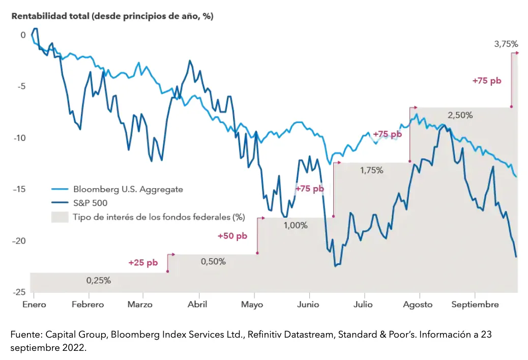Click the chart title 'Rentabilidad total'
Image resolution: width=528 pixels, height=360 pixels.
coord(112,16)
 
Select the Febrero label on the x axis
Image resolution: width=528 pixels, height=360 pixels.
coord(87,305)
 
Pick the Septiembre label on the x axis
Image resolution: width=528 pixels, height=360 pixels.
coord(476,305)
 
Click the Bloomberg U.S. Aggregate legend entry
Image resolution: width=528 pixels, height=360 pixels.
coord(128,189)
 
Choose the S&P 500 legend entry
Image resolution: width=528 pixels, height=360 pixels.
coord(97,203)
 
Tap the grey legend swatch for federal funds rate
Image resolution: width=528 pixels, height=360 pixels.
coord(59,217)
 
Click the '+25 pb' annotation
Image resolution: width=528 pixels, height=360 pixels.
coord(143,263)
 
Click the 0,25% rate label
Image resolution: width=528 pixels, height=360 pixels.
coord(98,280)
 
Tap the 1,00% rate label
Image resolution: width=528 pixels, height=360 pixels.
coord(295,225)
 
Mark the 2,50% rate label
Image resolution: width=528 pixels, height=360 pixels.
coord(460,115)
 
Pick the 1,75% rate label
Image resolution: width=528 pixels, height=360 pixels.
coord(371,170)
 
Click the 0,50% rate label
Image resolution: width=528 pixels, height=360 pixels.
coord(213,261)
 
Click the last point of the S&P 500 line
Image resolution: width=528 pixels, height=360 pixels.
coord(516,257)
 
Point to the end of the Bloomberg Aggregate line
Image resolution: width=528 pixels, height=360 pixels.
coord(516,176)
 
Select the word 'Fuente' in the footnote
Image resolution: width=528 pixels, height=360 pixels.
coord(25,335)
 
